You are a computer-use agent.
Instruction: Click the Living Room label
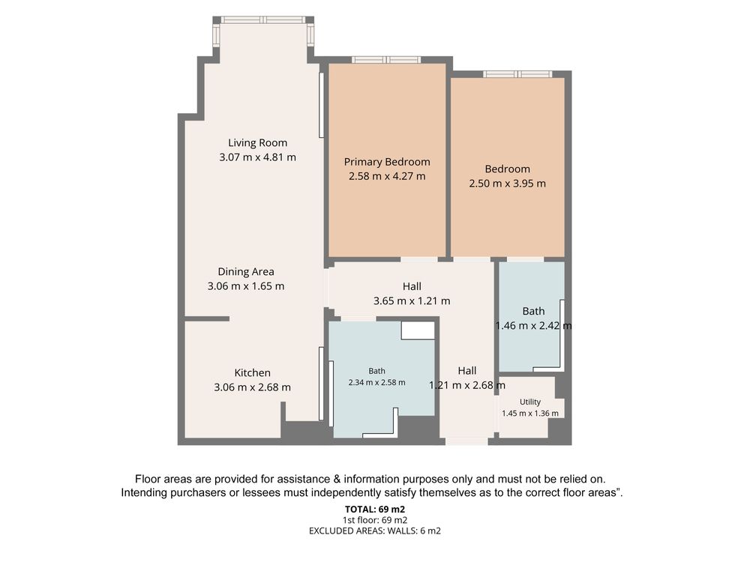[x=257, y=143]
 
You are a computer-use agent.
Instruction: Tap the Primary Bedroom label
[x=387, y=162]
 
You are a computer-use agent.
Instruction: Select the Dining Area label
[x=246, y=272]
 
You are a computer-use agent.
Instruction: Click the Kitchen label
[x=252, y=372]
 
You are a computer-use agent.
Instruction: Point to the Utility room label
[x=530, y=402]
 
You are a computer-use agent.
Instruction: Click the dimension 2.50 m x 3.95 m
[x=507, y=184]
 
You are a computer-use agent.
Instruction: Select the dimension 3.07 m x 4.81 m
[x=257, y=157]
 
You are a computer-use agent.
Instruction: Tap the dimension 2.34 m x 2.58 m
[x=377, y=382]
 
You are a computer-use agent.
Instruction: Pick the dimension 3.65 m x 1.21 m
[x=411, y=301]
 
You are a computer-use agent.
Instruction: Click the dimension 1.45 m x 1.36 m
[x=530, y=414]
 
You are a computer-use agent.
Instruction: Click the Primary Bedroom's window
[x=386, y=60]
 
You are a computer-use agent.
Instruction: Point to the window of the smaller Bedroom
[x=517, y=74]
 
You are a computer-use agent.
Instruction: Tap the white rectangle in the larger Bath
[x=418, y=330]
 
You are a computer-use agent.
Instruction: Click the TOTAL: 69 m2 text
[x=375, y=510]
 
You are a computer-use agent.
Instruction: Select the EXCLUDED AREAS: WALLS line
[x=375, y=531]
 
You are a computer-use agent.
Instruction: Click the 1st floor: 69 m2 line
[x=375, y=520]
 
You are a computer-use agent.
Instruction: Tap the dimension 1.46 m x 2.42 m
[x=533, y=326]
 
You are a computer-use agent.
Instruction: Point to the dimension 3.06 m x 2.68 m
[x=252, y=387]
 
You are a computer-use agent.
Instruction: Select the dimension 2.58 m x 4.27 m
[x=387, y=176]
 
